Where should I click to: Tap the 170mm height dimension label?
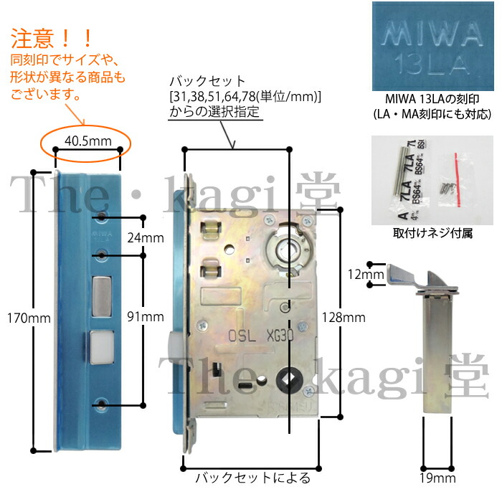click(x=17, y=316)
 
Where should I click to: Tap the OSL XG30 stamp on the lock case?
click(x=260, y=333)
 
